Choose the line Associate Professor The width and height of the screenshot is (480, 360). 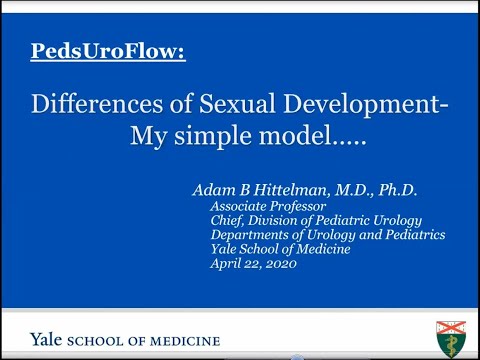[x=261, y=207]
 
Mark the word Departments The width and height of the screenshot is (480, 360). [x=251, y=234]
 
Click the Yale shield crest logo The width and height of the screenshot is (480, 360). [x=451, y=338]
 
